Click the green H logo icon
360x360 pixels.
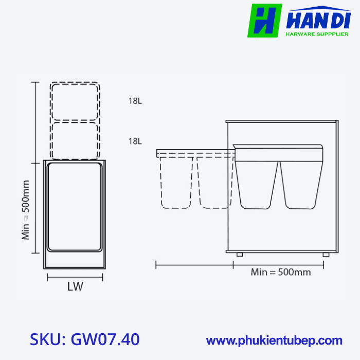264,21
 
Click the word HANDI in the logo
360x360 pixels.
318,21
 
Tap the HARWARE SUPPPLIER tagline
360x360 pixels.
317,34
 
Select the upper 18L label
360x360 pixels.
135,101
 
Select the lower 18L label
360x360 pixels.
135,141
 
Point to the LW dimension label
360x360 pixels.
75,286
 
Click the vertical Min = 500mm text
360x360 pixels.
26,210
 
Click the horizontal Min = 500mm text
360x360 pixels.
281,272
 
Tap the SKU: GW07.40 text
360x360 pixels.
84,339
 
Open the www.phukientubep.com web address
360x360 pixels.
274,340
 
